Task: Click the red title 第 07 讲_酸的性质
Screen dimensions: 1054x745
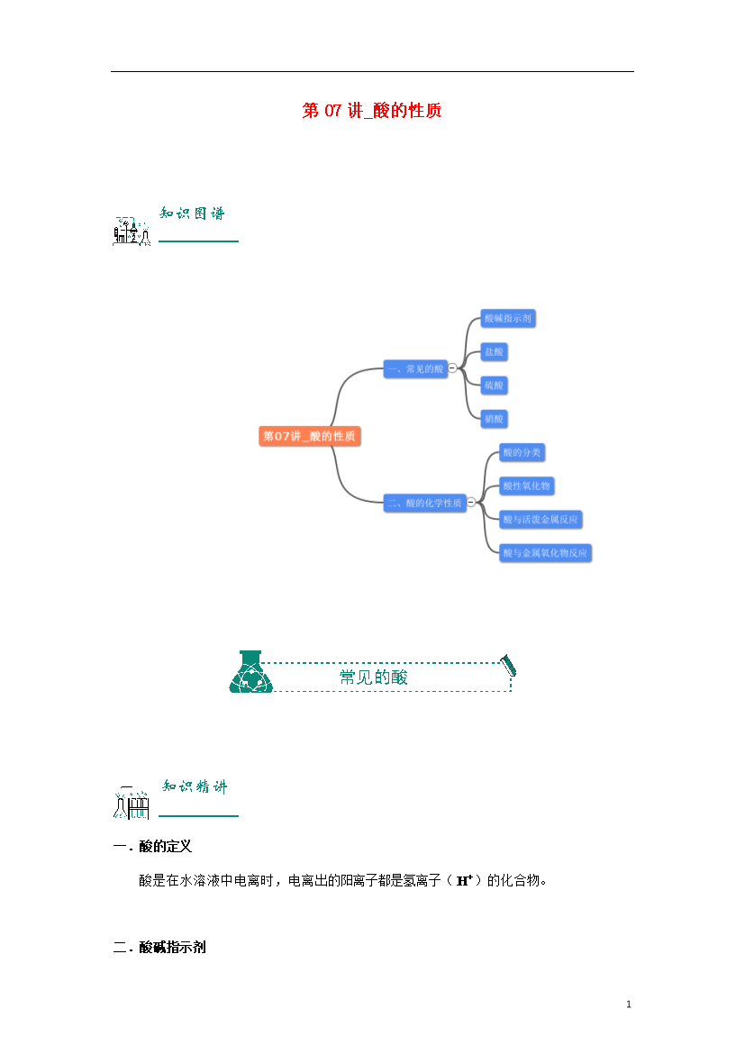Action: click(371, 111)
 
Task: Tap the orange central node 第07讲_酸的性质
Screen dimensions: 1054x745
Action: click(309, 436)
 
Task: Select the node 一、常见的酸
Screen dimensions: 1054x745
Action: click(414, 368)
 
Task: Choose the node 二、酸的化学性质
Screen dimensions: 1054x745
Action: click(424, 503)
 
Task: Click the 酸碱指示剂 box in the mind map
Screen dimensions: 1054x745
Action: click(509, 318)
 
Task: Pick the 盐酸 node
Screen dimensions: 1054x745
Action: click(494, 351)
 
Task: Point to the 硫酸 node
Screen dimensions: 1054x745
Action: click(495, 385)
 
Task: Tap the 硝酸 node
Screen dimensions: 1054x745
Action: click(495, 418)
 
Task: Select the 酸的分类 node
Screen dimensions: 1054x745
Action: click(522, 452)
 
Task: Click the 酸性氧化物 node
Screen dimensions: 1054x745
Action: click(526, 486)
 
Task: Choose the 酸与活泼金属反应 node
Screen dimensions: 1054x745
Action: click(541, 519)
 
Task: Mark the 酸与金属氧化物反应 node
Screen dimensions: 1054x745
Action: click(545, 552)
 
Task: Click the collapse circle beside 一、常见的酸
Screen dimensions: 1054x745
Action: click(452, 368)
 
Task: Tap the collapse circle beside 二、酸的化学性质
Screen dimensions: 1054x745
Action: click(470, 503)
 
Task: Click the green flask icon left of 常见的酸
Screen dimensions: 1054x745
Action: click(250, 672)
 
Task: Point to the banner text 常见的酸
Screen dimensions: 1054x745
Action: click(373, 677)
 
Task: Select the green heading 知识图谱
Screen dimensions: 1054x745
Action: click(192, 214)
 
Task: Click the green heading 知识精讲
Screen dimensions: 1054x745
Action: click(195, 786)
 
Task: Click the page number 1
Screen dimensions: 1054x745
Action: click(629, 1004)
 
